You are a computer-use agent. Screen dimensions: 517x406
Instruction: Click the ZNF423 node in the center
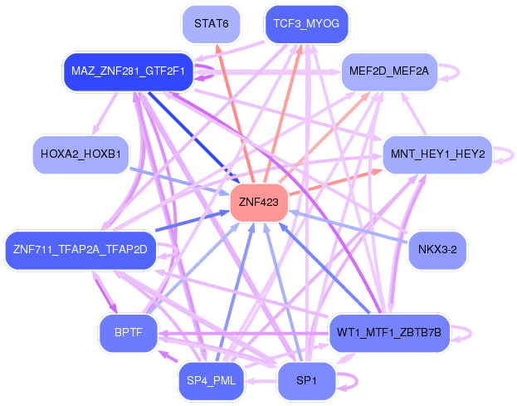259,203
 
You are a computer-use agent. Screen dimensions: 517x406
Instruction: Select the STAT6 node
211,24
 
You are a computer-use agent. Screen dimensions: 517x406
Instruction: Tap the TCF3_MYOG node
306,24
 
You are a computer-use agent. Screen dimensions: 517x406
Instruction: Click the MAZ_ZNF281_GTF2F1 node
128,71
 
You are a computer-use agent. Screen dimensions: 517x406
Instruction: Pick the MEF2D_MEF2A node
389,71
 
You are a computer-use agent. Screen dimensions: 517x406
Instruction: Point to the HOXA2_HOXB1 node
80,154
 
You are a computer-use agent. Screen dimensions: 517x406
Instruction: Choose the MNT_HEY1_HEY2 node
437,154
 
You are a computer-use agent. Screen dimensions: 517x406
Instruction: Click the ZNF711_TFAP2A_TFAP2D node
80,250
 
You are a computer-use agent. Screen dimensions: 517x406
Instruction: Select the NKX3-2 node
437,250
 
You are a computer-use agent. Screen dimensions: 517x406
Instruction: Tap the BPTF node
129,332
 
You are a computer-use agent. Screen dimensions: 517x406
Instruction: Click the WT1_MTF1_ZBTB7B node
389,332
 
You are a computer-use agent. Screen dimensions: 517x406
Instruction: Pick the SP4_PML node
211,380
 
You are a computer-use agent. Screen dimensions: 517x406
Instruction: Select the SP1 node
306,380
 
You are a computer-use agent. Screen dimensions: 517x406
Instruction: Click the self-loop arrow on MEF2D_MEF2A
458,71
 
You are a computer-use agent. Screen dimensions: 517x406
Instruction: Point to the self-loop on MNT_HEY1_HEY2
513,154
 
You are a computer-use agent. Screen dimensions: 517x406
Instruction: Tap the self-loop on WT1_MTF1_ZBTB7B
471,333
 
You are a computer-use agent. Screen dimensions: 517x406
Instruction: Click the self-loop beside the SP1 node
356,381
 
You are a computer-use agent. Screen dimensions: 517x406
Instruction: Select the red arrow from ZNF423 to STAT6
235,113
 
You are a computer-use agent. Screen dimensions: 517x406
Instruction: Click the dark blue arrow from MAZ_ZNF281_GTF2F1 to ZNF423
194,138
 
